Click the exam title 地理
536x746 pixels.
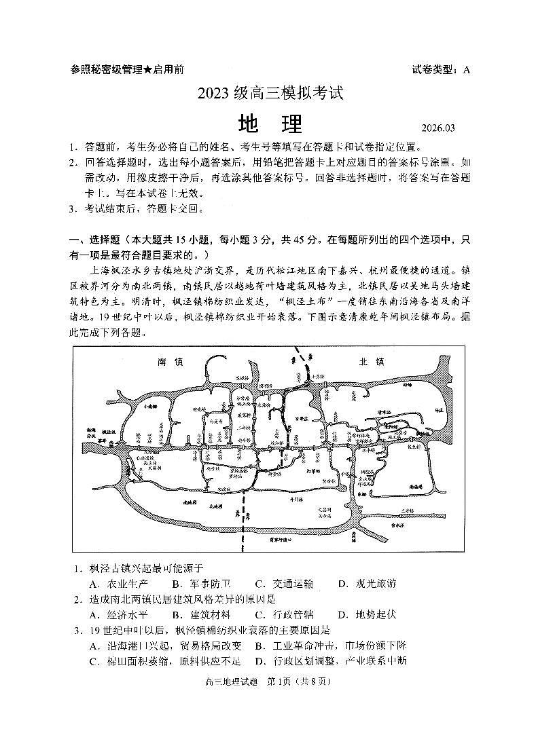[270, 124]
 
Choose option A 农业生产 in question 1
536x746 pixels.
[118, 583]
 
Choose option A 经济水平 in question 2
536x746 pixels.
[118, 614]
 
